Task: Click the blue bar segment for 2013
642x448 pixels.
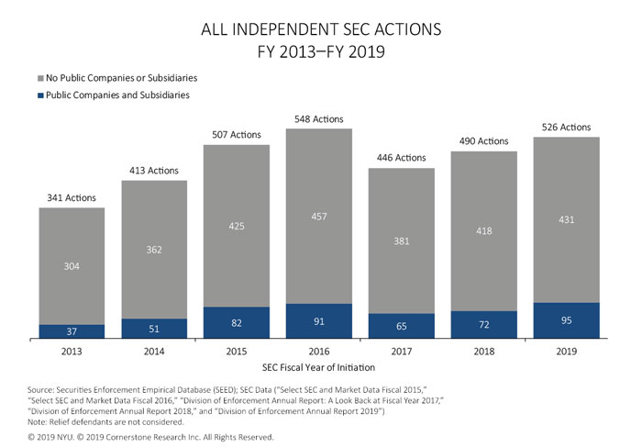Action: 72,331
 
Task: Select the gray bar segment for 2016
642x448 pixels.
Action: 319,216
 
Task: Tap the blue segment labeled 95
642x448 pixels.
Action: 566,320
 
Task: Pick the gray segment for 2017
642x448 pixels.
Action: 401,241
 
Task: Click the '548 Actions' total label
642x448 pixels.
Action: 319,119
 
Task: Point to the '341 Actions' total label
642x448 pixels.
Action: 72,198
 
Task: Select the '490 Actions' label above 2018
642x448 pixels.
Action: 483,141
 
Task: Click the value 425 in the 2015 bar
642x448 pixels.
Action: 237,226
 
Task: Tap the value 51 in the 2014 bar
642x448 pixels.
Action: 154,329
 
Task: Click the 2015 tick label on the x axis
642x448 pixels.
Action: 237,352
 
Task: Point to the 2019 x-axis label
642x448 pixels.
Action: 566,352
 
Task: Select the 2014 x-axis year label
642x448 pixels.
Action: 154,352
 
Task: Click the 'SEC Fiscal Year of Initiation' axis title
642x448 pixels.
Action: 320,367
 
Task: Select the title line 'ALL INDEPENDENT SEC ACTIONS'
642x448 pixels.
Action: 321,30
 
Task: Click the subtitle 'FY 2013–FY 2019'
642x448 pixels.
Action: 321,51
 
